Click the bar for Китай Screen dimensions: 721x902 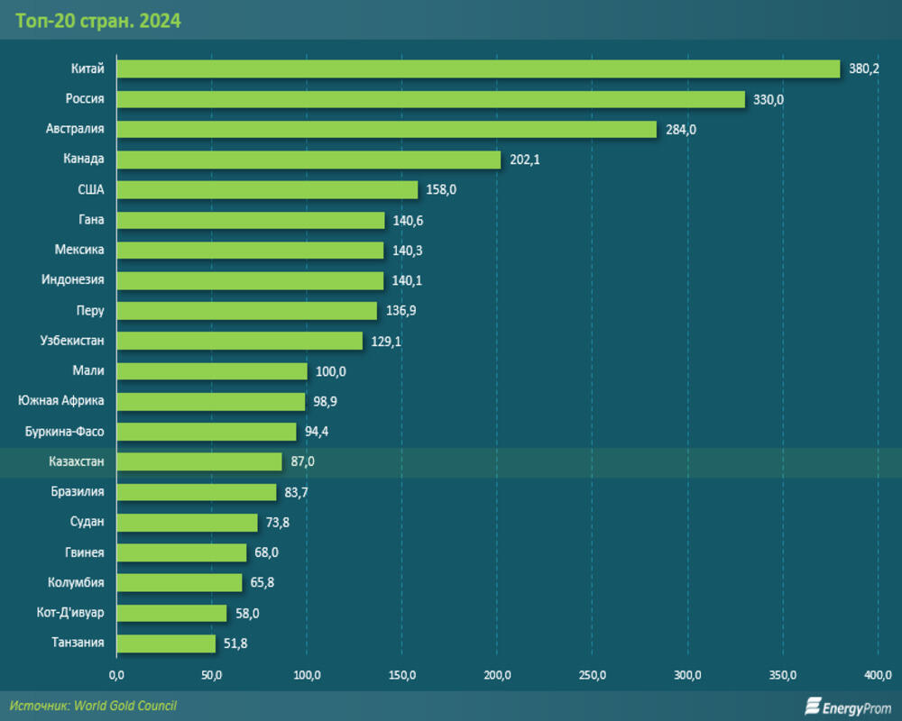click(478, 68)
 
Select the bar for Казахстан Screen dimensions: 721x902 click(199, 461)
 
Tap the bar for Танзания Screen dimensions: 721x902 click(166, 643)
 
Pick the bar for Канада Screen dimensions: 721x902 click(308, 160)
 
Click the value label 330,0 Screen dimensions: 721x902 click(769, 99)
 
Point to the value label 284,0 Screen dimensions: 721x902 click(681, 130)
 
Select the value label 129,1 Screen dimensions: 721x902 click(386, 342)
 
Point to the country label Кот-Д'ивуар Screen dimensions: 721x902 click(71, 613)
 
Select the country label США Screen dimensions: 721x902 click(90, 189)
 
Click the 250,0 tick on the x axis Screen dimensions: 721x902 click(592, 675)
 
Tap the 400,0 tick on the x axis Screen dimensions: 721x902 click(878, 675)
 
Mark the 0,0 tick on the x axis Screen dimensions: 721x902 click(116, 675)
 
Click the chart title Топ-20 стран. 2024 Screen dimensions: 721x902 click(98, 21)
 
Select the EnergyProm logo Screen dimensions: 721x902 click(848, 707)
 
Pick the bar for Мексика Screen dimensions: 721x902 click(250, 250)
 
